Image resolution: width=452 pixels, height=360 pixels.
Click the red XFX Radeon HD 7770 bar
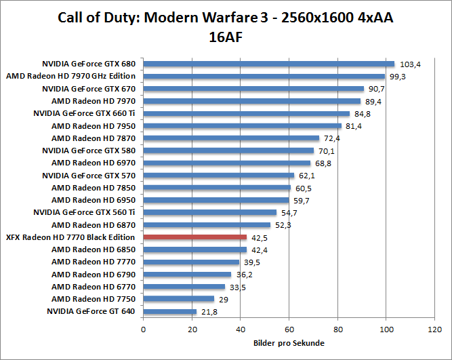tap(195, 237)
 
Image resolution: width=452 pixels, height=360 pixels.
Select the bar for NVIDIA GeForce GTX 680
tap(269, 64)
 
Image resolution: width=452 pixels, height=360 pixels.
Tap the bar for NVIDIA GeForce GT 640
tap(170, 311)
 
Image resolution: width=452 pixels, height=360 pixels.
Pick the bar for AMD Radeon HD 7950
tap(243, 125)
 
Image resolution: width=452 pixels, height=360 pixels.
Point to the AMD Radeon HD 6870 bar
tap(207, 224)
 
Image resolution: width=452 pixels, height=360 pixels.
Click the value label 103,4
tap(410, 64)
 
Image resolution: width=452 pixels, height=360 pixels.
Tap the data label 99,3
tap(398, 77)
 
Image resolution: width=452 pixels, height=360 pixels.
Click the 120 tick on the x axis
tap(434, 329)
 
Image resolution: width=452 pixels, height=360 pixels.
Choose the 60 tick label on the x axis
tap(289, 329)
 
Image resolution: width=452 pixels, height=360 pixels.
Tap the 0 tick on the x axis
tap(144, 329)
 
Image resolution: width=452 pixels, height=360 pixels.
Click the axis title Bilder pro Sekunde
tap(289, 343)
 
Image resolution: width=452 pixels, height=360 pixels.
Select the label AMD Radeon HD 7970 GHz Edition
tap(71, 76)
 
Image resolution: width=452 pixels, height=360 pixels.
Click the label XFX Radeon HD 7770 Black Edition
tap(70, 237)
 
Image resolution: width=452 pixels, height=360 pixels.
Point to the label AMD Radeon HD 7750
tap(94, 299)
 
